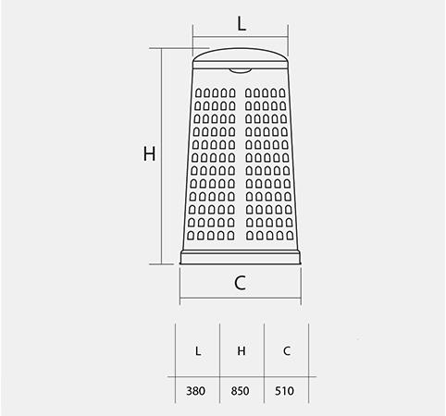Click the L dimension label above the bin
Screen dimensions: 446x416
pyautogui.click(x=242, y=24)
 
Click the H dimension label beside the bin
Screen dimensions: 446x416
pyautogui.click(x=150, y=153)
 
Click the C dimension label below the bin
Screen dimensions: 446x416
pyautogui.click(x=240, y=283)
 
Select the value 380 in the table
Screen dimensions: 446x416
pyautogui.click(x=196, y=391)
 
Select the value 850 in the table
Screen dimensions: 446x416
pyautogui.click(x=240, y=391)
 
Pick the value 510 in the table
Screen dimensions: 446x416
pyautogui.click(x=284, y=391)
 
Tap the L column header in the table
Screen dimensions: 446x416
pyautogui.click(x=198, y=350)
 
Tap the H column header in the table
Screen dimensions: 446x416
pyautogui.click(x=242, y=350)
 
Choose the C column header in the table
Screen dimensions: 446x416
pyautogui.click(x=287, y=350)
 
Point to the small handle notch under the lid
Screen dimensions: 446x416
pyautogui.click(x=241, y=71)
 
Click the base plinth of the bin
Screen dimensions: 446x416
pyautogui.click(x=241, y=258)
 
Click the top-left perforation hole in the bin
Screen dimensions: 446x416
pyautogui.click(x=198, y=92)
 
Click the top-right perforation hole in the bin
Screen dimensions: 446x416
pyautogui.click(x=282, y=92)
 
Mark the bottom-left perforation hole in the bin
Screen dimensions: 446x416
pyautogui.click(x=191, y=236)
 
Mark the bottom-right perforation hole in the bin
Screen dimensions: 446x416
pyautogui.click(x=290, y=236)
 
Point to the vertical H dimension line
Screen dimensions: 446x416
pyautogui.click(x=162, y=156)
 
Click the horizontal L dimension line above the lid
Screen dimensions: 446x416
pyautogui.click(x=241, y=37)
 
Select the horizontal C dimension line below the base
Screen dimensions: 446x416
pyautogui.click(x=241, y=298)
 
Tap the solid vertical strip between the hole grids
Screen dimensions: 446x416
pyautogui.click(x=241, y=164)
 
